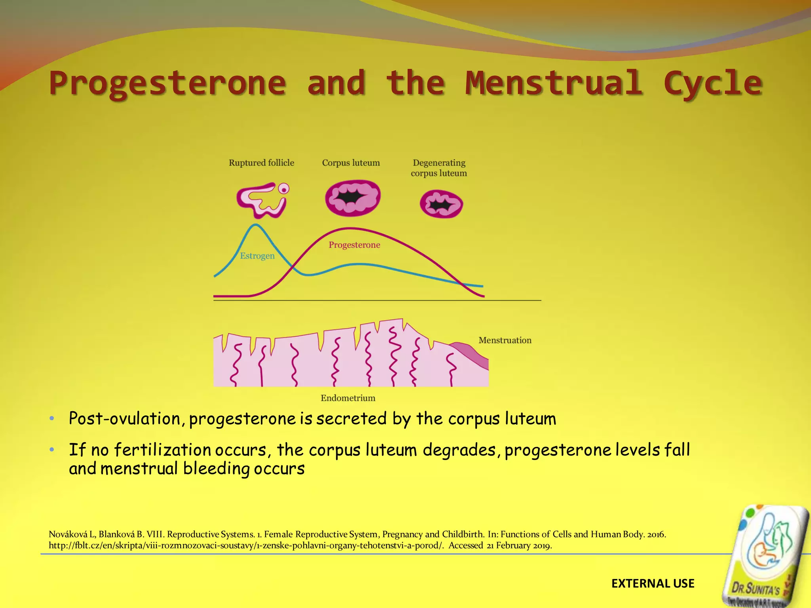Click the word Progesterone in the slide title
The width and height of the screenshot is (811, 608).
click(x=168, y=83)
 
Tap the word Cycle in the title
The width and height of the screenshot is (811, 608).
click(x=712, y=83)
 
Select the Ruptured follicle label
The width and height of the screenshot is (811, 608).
click(x=261, y=163)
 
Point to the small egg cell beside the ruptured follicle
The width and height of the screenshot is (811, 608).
click(x=284, y=189)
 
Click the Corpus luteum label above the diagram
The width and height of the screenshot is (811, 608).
click(x=351, y=163)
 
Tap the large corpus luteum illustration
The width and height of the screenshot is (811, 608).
click(x=352, y=198)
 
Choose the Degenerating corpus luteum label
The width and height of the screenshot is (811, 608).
click(x=439, y=168)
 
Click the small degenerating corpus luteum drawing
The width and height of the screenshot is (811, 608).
click(x=441, y=204)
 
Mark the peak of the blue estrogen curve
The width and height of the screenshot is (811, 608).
click(x=256, y=225)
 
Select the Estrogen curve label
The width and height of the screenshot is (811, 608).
click(x=257, y=256)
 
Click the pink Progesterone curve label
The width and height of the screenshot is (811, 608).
click(x=354, y=245)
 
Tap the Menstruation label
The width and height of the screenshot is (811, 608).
click(x=505, y=340)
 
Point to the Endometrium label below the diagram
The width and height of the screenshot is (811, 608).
click(x=348, y=398)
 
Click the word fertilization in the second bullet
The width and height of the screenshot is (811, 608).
click(x=162, y=450)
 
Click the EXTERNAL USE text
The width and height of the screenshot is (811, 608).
click(x=653, y=583)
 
